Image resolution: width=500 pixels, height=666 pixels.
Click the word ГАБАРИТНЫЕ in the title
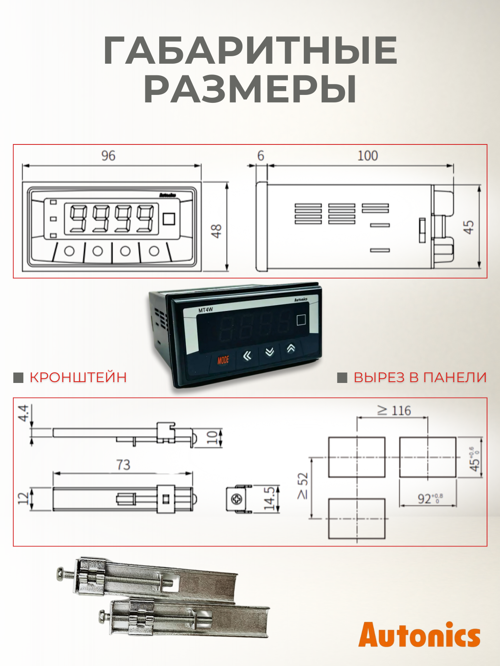[250, 50]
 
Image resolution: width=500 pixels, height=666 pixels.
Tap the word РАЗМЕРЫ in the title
[250, 89]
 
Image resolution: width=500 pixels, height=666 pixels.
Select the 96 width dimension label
[108, 156]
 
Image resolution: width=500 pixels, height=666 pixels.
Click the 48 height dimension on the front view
[217, 231]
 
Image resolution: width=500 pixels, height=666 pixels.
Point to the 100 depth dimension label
[367, 156]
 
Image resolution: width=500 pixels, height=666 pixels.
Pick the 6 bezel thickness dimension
[261, 156]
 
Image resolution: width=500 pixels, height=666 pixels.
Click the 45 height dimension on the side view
[469, 227]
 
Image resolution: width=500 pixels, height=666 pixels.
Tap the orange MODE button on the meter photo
[223, 360]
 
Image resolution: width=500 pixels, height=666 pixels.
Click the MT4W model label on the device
[205, 310]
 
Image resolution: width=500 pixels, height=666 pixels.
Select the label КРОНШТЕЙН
[78, 378]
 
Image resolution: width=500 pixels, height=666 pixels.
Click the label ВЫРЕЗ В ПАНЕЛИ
[420, 378]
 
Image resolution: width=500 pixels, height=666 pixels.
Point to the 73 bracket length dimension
[123, 465]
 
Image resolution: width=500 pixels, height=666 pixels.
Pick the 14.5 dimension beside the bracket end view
[270, 499]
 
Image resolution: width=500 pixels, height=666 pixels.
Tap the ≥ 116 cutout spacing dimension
[395, 411]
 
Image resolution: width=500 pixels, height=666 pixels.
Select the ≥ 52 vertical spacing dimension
[303, 486]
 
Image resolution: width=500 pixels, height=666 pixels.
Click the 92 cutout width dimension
[429, 498]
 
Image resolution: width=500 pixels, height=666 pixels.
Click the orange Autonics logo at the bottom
[419, 635]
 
